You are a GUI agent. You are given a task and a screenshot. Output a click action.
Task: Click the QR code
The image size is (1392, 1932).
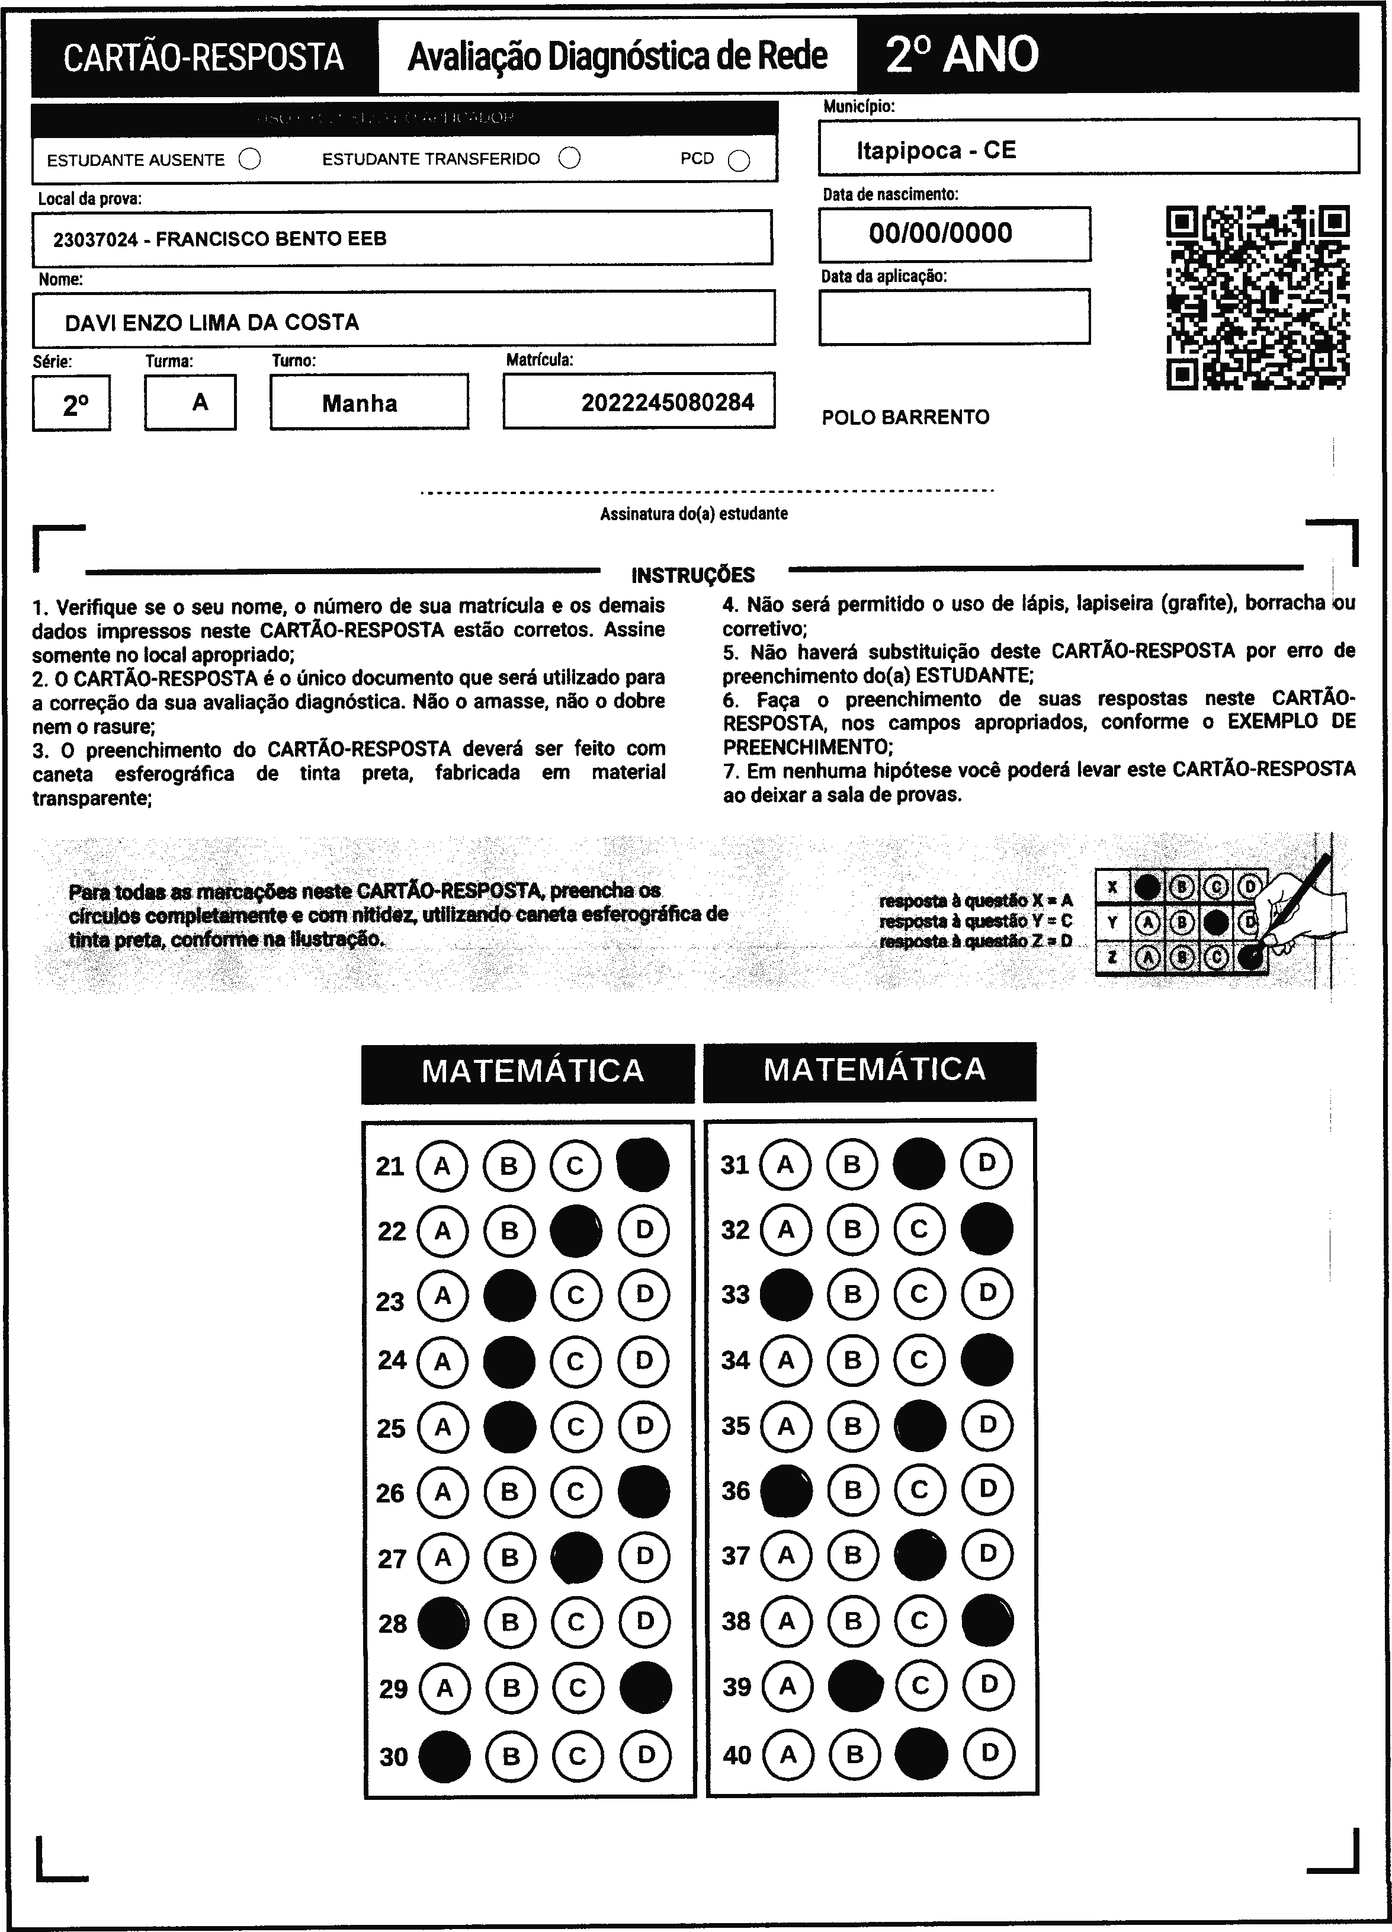click(x=1258, y=297)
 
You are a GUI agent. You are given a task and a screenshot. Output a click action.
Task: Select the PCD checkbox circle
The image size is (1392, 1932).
click(x=739, y=161)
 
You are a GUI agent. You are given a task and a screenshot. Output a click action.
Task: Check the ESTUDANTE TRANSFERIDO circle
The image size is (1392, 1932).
click(x=570, y=158)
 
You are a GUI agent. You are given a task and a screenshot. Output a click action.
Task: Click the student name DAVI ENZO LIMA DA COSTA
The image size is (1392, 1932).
click(x=212, y=323)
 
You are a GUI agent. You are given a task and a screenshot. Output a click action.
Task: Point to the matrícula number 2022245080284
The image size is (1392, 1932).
click(x=668, y=402)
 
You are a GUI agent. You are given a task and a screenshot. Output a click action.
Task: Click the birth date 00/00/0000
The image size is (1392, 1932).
click(x=941, y=233)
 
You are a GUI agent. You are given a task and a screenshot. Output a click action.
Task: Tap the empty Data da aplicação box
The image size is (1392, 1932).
click(x=954, y=317)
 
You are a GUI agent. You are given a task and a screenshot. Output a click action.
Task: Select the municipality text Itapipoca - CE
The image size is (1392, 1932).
click(x=936, y=150)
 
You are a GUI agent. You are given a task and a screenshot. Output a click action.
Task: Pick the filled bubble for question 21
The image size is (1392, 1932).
click(x=642, y=1165)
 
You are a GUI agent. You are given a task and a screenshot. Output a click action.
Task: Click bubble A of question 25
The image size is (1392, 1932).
click(x=442, y=1426)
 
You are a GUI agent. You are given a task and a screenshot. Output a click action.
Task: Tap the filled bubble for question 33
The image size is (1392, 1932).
click(x=785, y=1295)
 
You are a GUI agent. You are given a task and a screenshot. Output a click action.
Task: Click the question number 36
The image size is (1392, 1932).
click(x=736, y=1491)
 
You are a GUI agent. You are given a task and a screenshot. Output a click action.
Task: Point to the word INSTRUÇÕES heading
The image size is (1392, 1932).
click(x=692, y=575)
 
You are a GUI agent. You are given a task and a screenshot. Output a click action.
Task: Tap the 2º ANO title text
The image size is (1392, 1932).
click(x=962, y=55)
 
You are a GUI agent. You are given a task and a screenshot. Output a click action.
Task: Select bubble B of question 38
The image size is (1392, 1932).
click(x=853, y=1621)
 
